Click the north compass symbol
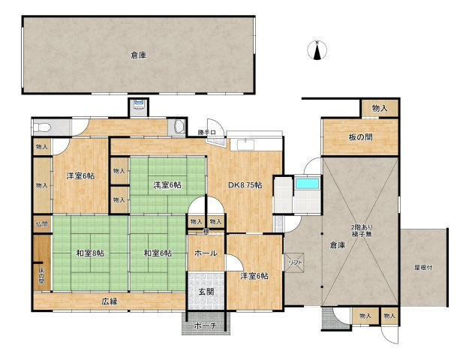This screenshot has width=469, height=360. pyautogui.click(x=317, y=50)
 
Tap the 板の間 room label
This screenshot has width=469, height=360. pyautogui.click(x=360, y=137)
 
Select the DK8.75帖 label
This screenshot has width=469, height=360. pyautogui.click(x=246, y=185)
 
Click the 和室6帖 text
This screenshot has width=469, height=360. pyautogui.click(x=158, y=253)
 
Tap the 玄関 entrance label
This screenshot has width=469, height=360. pyautogui.click(x=206, y=292)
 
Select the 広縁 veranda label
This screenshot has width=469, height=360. pyautogui.click(x=110, y=301)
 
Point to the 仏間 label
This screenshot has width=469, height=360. pyautogui.click(x=41, y=223)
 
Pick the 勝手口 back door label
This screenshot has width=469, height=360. pyautogui.click(x=207, y=133)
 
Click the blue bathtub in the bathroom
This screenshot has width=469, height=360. pyautogui.click(x=307, y=184)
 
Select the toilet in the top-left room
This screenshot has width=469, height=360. pyautogui.click(x=42, y=126)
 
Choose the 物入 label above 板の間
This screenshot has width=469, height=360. pyautogui.click(x=380, y=109)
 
